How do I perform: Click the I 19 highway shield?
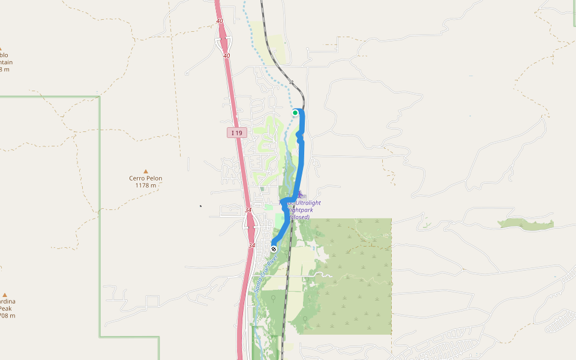(x=237, y=133)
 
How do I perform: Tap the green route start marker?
(x=295, y=113)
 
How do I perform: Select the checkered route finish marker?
(x=274, y=248)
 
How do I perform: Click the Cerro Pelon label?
(x=145, y=178)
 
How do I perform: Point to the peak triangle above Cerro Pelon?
(x=145, y=171)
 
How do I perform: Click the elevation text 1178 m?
(x=145, y=185)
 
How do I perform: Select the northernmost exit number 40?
(x=220, y=21)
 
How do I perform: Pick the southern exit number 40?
(x=226, y=55)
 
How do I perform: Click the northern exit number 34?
(x=248, y=210)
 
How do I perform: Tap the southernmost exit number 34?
(x=252, y=245)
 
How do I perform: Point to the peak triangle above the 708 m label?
(x=5, y=295)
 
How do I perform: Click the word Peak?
(x=5, y=308)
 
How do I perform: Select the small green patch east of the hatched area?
(x=526, y=224)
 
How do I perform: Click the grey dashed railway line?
(x=286, y=282)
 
